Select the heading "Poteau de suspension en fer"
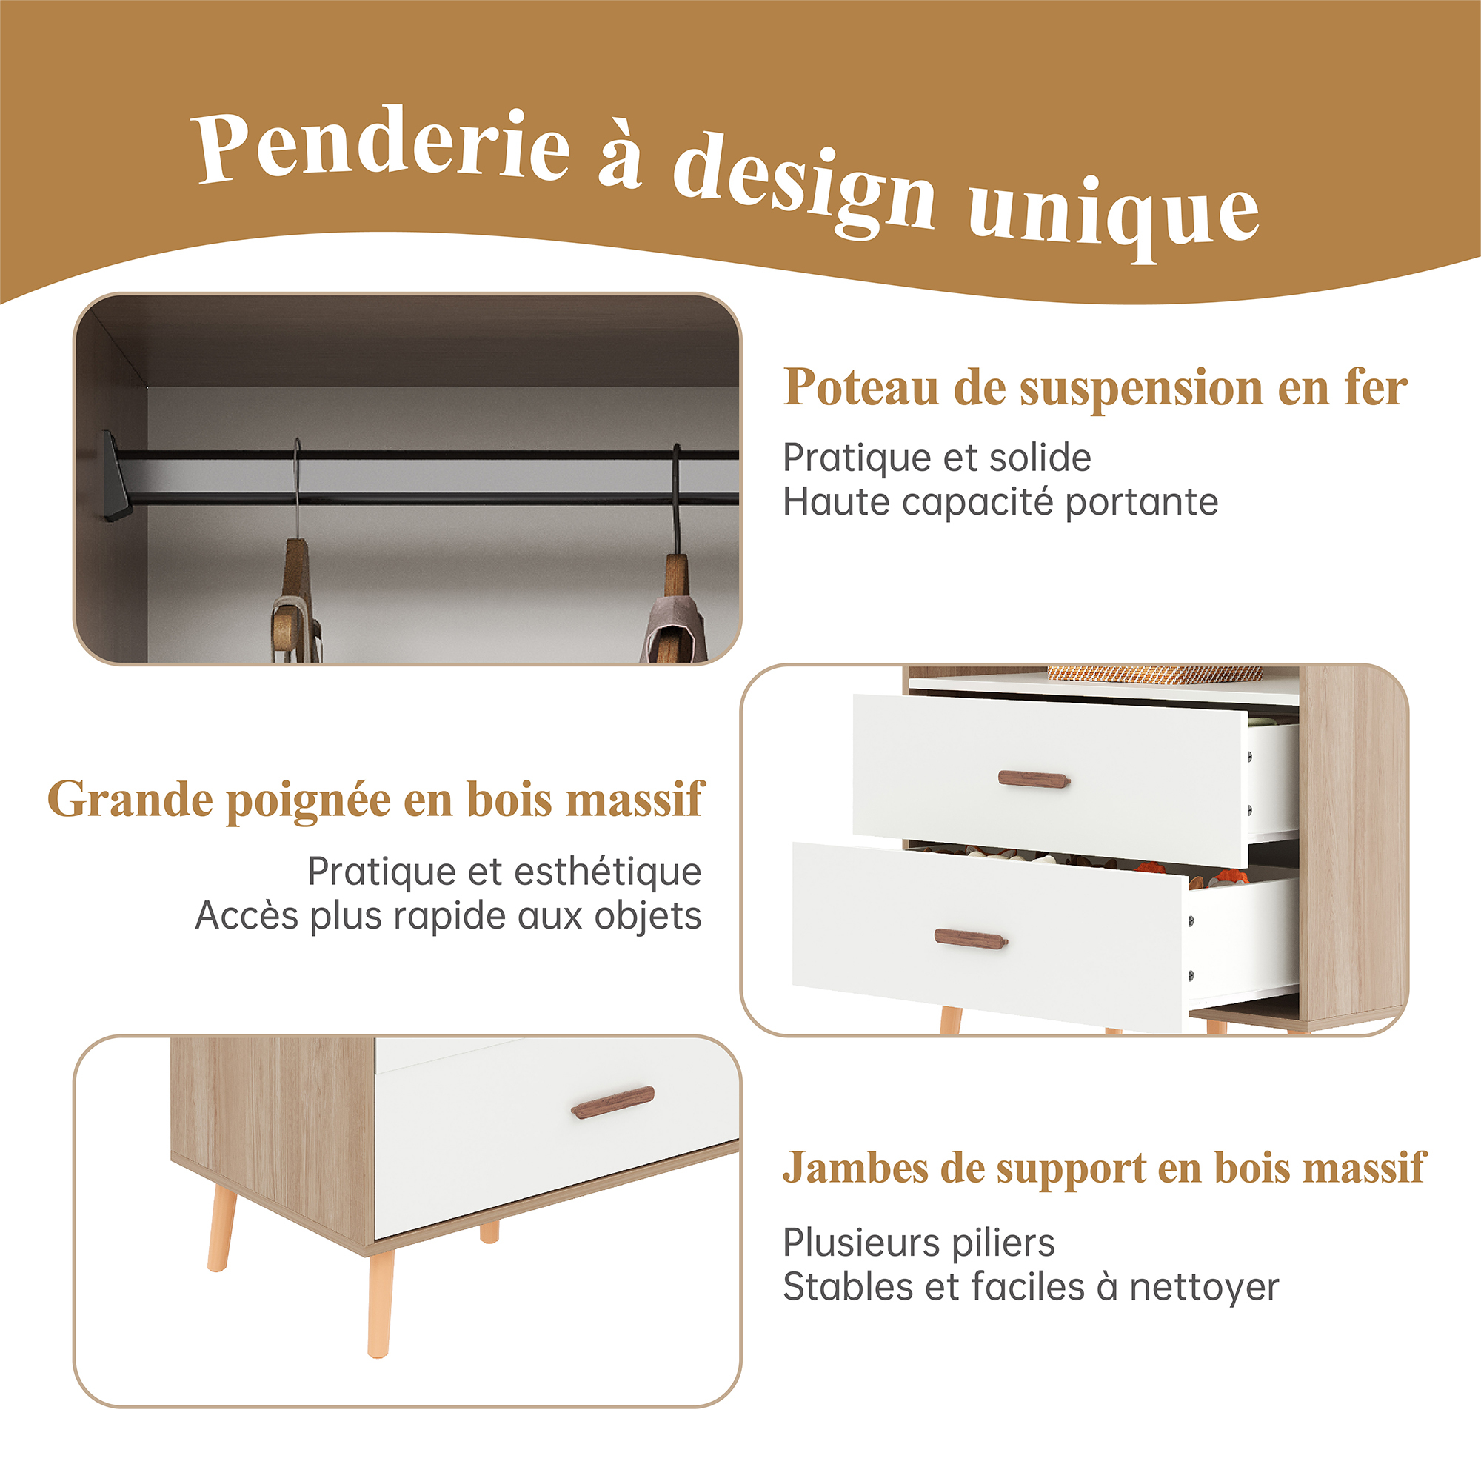click(1095, 388)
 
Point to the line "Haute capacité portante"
click(1000, 503)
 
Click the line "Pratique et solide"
click(937, 458)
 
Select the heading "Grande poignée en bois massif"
click(375, 800)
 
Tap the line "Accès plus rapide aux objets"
click(449, 916)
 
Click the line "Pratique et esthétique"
click(504, 872)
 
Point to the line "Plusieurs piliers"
click(918, 1243)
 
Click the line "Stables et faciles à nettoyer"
click(1031, 1287)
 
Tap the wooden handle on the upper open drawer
click(1033, 780)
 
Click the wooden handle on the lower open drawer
click(972, 938)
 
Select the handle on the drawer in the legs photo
click(612, 1102)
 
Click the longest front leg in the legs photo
click(380, 1304)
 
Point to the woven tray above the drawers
click(1154, 674)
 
